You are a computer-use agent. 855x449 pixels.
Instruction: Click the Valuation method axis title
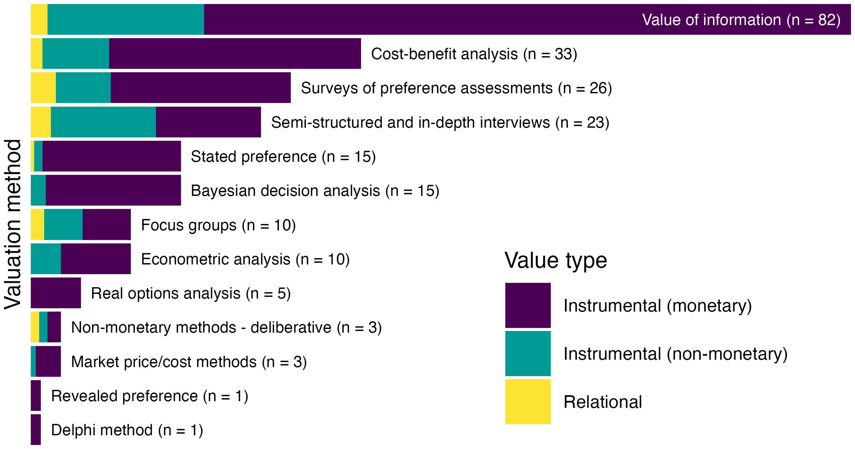13,224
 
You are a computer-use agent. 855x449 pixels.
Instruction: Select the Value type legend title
555,260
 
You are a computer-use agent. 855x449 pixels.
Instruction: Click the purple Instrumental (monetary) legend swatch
528,306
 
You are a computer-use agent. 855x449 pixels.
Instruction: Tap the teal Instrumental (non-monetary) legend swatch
528,353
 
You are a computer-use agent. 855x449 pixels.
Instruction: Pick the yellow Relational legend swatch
528,402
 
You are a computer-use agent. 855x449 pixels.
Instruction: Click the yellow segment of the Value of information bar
39,19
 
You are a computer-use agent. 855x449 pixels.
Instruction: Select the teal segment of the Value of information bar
126,19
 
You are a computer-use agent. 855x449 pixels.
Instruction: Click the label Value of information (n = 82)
741,20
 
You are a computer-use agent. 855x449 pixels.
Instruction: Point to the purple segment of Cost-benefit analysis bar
235,54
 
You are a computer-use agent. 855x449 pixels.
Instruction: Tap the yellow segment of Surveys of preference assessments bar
43,88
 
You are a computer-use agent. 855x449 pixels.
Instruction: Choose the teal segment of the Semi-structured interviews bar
103,122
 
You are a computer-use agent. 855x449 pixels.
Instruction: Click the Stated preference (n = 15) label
283,157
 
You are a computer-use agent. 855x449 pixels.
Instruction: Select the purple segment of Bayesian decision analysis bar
113,190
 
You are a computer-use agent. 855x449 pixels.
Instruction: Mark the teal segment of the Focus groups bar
63,224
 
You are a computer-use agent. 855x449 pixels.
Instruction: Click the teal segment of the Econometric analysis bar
46,259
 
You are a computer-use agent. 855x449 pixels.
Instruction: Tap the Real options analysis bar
56,293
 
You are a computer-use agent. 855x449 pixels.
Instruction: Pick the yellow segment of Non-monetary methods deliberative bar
35,327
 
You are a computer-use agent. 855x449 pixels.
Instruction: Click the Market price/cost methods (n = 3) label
189,362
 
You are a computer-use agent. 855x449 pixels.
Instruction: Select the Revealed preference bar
36,395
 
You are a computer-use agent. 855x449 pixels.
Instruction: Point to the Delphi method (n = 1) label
127,430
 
